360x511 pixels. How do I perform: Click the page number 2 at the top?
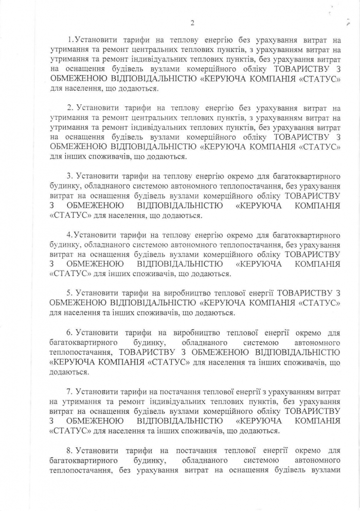[x=192, y=23]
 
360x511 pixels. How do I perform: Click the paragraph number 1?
[x=70, y=40]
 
